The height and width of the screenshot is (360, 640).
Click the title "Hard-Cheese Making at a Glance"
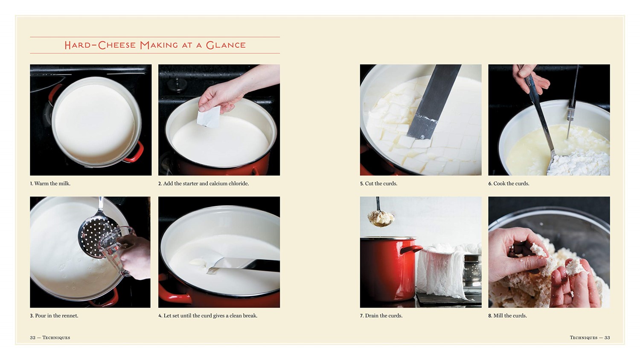pos(155,45)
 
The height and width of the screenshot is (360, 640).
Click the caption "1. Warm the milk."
pos(50,183)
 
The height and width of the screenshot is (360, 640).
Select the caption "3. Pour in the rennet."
pos(54,316)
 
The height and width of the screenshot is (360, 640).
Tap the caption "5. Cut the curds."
pos(378,183)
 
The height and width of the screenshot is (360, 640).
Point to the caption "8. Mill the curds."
pos(507,316)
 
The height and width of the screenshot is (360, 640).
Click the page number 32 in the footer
pos(33,337)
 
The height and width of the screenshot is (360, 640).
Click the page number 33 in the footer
pos(607,337)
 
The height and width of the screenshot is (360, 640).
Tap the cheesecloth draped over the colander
pos(439,269)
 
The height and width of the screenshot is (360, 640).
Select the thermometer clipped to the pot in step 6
pos(573,102)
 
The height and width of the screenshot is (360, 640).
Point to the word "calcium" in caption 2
pos(218,183)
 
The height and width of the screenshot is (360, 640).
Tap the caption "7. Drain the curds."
pos(381,316)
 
